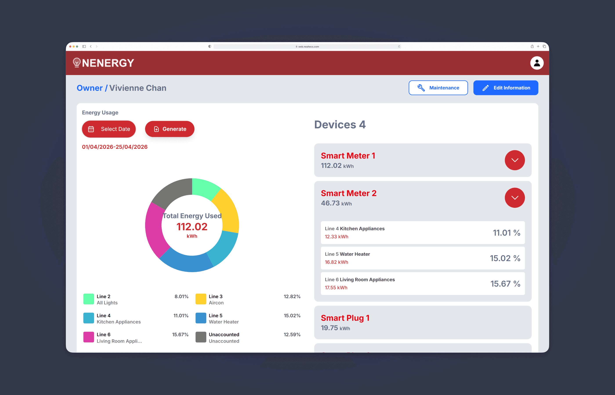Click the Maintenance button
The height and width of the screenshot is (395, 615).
click(438, 88)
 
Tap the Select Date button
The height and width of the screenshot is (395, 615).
click(109, 129)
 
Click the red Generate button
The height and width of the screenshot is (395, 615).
click(170, 129)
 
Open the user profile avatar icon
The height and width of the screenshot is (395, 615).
click(537, 63)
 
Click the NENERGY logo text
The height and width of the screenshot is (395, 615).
click(108, 63)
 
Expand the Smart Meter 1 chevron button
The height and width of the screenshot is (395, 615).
click(515, 160)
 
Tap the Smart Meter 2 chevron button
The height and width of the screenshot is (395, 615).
click(515, 197)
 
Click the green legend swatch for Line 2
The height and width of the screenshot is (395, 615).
click(89, 299)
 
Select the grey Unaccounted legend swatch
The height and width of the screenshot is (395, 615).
click(201, 337)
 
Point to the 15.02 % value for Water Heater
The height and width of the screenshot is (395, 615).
click(505, 258)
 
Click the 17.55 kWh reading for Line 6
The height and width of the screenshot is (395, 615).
click(336, 287)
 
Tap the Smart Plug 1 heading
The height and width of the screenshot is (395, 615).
click(345, 318)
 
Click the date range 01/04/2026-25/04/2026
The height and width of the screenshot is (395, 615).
click(115, 147)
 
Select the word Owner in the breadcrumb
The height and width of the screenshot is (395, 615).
click(90, 88)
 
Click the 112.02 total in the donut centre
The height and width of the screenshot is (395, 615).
click(192, 227)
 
